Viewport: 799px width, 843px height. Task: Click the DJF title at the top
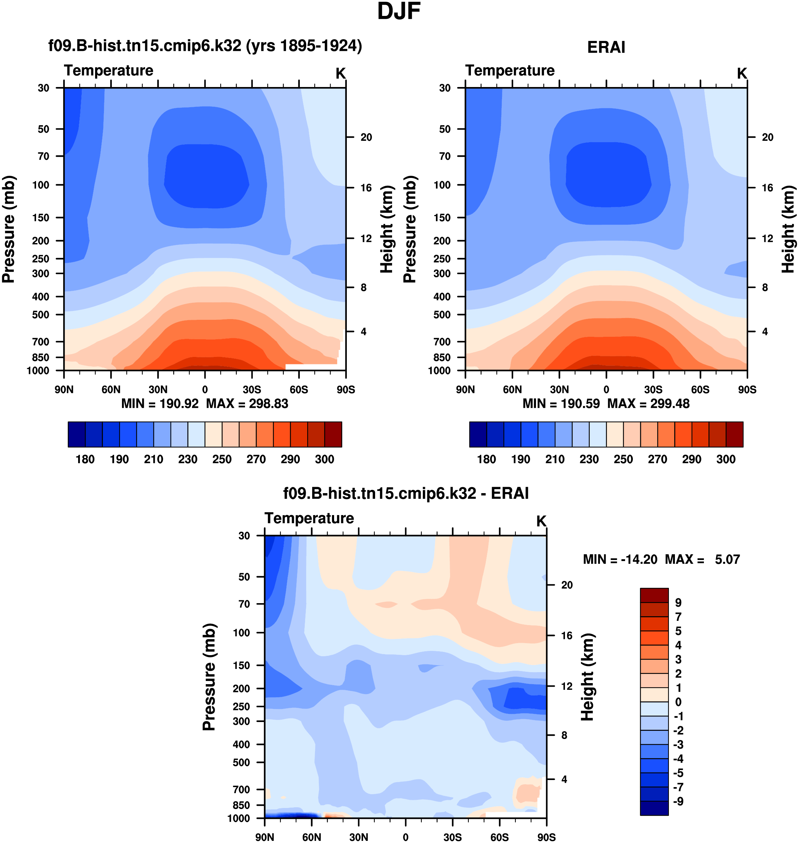click(x=399, y=12)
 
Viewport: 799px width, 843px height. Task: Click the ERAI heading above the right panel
click(x=606, y=47)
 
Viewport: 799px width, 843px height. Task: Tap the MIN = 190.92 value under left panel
click(x=160, y=404)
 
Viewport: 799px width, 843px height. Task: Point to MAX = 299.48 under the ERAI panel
click(x=648, y=404)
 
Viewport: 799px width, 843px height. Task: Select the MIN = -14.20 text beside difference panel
click(x=620, y=559)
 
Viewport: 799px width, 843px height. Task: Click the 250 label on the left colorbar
click(x=222, y=459)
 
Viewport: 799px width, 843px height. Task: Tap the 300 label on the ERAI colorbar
click(x=726, y=459)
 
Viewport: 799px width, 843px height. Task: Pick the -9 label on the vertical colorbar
click(x=678, y=801)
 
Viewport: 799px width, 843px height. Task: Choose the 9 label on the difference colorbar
click(x=678, y=603)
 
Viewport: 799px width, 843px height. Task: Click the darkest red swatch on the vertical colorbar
click(x=654, y=595)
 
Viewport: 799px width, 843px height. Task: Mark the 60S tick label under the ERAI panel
click(x=700, y=389)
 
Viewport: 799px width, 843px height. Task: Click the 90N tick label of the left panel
click(x=64, y=389)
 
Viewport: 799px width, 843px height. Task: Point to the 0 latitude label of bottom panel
click(x=406, y=837)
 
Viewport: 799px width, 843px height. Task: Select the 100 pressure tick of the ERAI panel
click(x=442, y=185)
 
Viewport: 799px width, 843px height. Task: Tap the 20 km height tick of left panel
click(x=366, y=137)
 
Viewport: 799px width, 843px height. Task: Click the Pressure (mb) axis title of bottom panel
click(x=209, y=677)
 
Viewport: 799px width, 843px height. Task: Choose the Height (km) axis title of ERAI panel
click(x=788, y=229)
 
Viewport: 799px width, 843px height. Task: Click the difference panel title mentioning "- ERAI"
click(x=406, y=493)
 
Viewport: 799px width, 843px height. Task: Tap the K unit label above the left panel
click(x=340, y=74)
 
